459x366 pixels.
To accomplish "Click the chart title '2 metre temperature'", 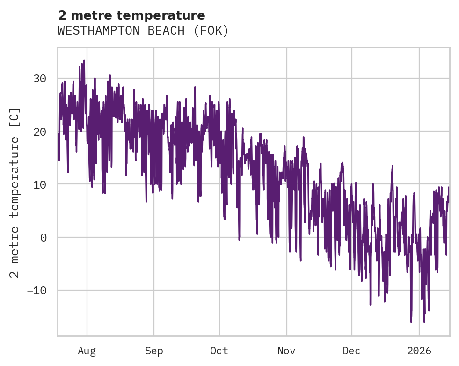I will (131, 15).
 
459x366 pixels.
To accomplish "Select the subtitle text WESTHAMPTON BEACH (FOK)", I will (143, 31).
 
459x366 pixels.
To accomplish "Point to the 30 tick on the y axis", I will (40, 79).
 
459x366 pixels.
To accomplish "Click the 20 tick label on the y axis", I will (40, 132).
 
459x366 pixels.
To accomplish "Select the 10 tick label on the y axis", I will (40, 184).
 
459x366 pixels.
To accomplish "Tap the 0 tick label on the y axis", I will (43, 237).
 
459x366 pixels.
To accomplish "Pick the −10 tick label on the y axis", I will (36, 290).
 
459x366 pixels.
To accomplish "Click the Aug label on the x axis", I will (87, 351).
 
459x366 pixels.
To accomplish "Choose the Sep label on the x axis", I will (153, 351).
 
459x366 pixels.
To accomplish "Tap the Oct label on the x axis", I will (219, 351).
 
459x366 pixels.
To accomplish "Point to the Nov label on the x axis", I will (286, 351).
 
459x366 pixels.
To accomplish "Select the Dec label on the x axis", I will (351, 351).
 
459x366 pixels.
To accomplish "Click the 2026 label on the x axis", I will (419, 351).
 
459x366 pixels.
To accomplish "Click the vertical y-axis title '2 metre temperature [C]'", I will (15, 192).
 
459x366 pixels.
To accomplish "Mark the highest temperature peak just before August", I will (84, 61).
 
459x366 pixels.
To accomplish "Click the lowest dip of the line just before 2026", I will (411, 322).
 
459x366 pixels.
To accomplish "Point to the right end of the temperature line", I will (449, 187).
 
